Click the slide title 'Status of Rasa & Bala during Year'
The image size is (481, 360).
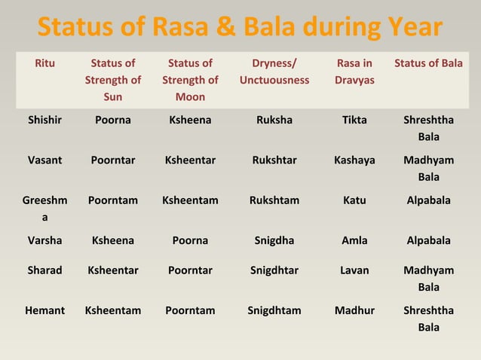coord(240,27)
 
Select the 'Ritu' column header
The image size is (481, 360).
coord(44,63)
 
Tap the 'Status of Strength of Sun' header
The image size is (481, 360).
coord(112,80)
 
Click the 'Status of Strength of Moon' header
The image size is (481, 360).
coord(190,80)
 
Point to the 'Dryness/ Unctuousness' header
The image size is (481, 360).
coord(274,72)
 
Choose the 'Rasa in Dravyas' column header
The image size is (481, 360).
coord(354,72)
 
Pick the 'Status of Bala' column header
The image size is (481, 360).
coord(428,63)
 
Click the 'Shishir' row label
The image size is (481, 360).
coord(44,120)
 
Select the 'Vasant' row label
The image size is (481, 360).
coord(44,160)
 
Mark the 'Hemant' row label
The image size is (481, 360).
coord(44,310)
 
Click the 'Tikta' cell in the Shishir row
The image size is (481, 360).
coord(354,120)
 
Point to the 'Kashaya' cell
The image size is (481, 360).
coord(354,160)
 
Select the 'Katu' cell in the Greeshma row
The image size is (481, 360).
coord(354,200)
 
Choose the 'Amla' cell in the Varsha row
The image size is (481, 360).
coord(354,240)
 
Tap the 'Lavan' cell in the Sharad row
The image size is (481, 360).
coord(354,270)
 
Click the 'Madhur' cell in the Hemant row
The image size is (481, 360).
coord(354,310)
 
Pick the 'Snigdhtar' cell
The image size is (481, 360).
coord(274,270)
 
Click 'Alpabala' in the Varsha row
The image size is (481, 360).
coord(428,240)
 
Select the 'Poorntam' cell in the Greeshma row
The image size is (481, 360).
coord(112,200)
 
